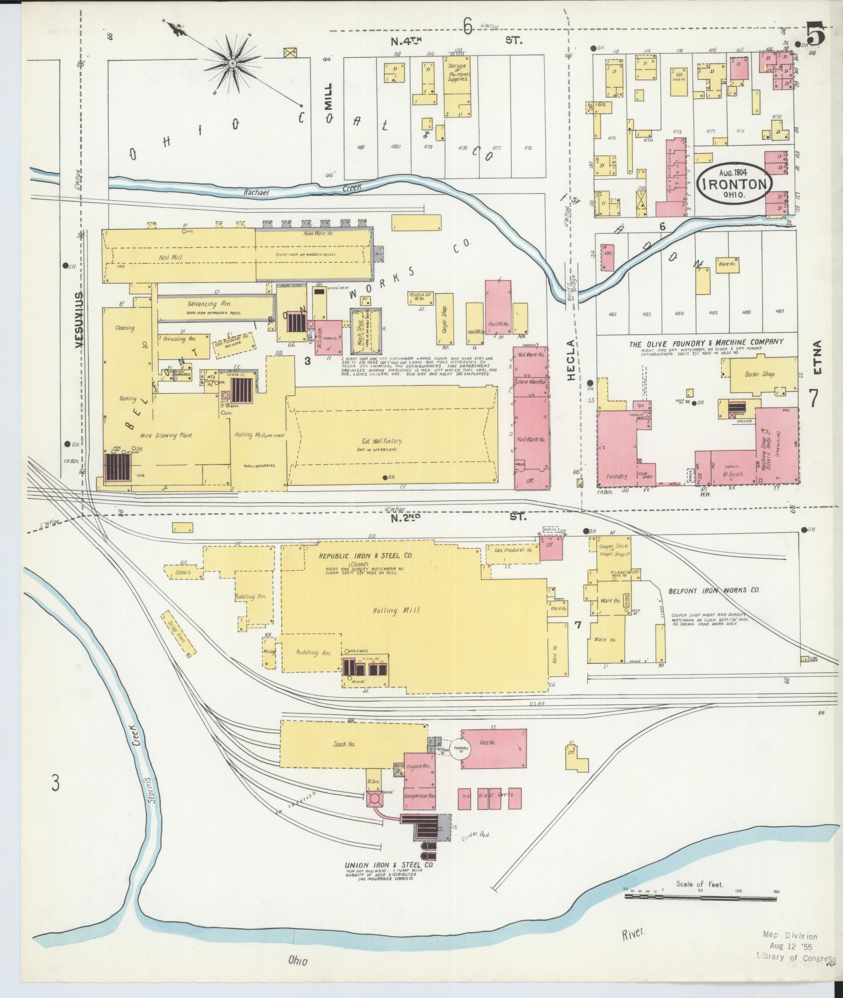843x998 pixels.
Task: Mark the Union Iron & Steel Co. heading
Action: point(389,865)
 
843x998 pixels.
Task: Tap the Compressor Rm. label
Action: point(419,795)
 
